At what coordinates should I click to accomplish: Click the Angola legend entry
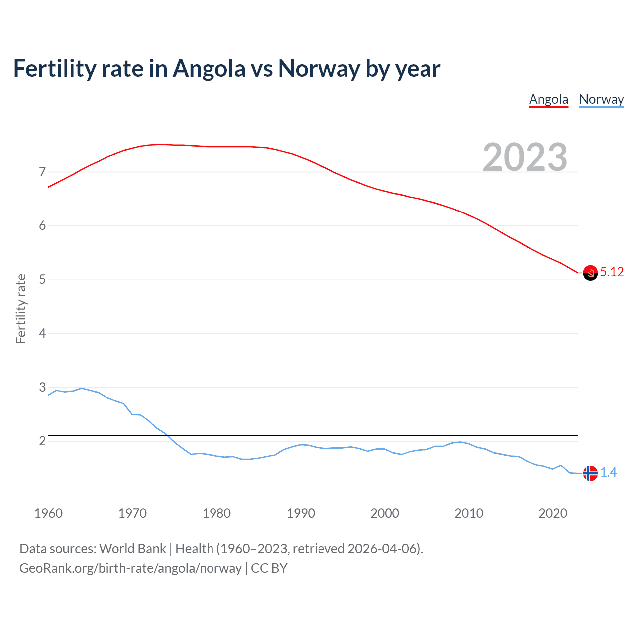click(548, 99)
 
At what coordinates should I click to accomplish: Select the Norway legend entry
click(601, 99)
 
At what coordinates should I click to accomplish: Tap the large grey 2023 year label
click(525, 157)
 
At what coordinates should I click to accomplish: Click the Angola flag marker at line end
click(590, 273)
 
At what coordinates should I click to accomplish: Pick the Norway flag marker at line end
click(590, 473)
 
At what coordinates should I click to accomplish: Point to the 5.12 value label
click(612, 272)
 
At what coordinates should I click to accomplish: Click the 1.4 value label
click(608, 472)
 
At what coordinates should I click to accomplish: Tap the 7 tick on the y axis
click(42, 172)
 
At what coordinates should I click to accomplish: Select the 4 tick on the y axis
click(42, 333)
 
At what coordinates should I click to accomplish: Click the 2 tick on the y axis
click(42, 441)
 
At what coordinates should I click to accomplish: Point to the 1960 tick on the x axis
click(48, 513)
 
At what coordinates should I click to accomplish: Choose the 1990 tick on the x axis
click(301, 513)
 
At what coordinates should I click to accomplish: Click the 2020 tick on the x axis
click(553, 513)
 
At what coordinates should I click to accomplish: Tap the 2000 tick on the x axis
click(385, 513)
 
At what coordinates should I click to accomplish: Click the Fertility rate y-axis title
click(21, 309)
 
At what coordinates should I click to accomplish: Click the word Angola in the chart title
click(209, 69)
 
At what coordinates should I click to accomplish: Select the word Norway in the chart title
click(318, 69)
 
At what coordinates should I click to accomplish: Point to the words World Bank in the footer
click(132, 549)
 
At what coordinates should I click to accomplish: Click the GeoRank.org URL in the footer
click(130, 568)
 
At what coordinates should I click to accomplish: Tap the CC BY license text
click(269, 568)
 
